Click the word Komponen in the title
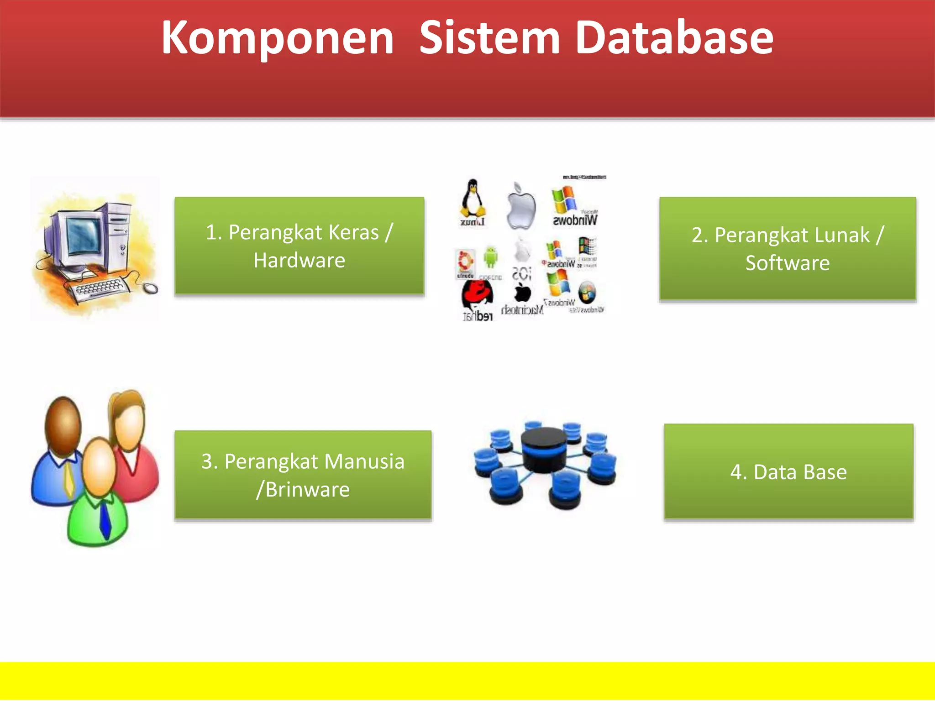click(278, 38)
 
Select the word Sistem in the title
click(489, 38)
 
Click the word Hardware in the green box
click(299, 261)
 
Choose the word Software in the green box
click(788, 263)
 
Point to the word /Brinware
click(303, 490)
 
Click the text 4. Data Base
click(788, 472)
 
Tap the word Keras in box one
click(353, 232)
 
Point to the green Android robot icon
click(490, 256)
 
